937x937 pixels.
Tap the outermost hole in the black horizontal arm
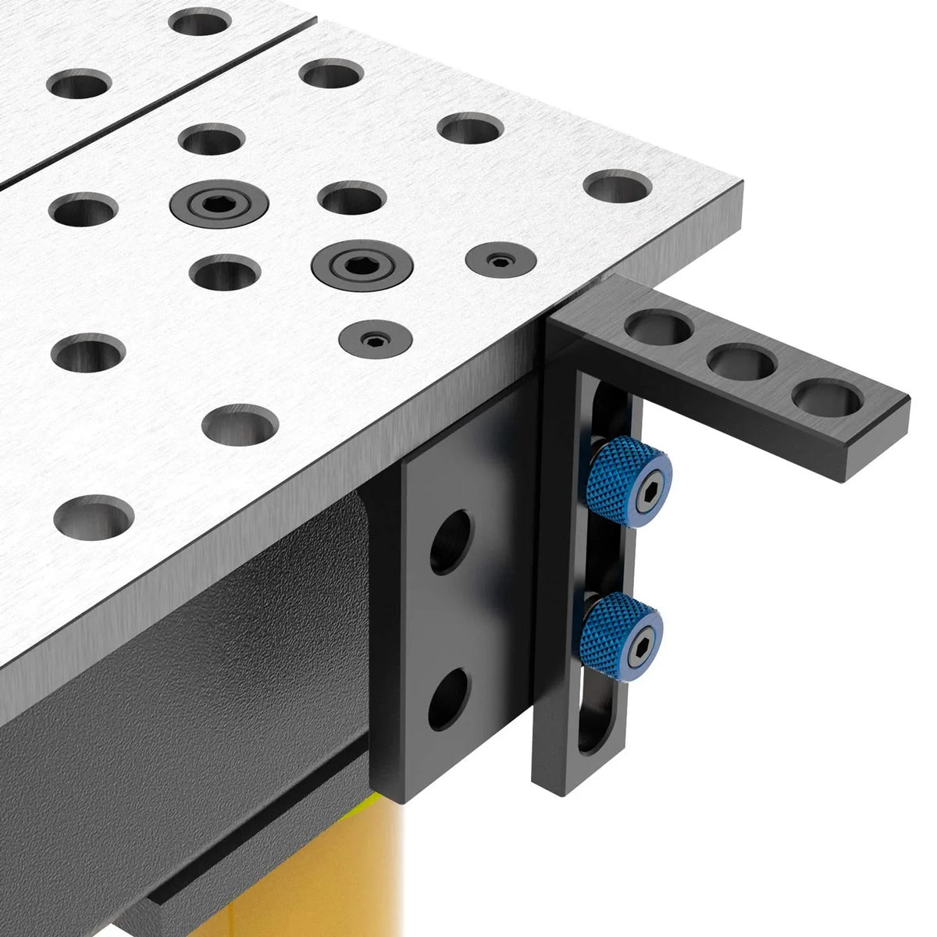pos(825,397)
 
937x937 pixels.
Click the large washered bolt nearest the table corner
pos(362,266)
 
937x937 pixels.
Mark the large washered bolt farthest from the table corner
pos(219,204)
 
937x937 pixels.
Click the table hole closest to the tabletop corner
pos(618,187)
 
